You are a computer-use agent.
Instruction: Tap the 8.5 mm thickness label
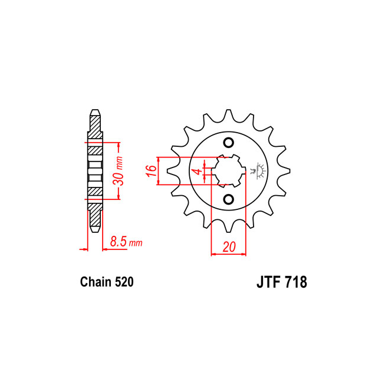pyautogui.click(x=126, y=241)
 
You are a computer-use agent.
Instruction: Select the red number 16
pyautogui.click(x=151, y=171)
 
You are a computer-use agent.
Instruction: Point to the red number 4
pyautogui.click(x=197, y=171)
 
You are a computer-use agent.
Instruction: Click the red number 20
pyautogui.click(x=229, y=246)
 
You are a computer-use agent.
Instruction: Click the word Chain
pyautogui.click(x=96, y=282)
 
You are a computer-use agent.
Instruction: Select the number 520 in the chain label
pyautogui.click(x=124, y=282)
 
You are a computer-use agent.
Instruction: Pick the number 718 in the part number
pyautogui.click(x=296, y=282)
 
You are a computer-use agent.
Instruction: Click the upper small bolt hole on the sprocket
pyautogui.click(x=228, y=143)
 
